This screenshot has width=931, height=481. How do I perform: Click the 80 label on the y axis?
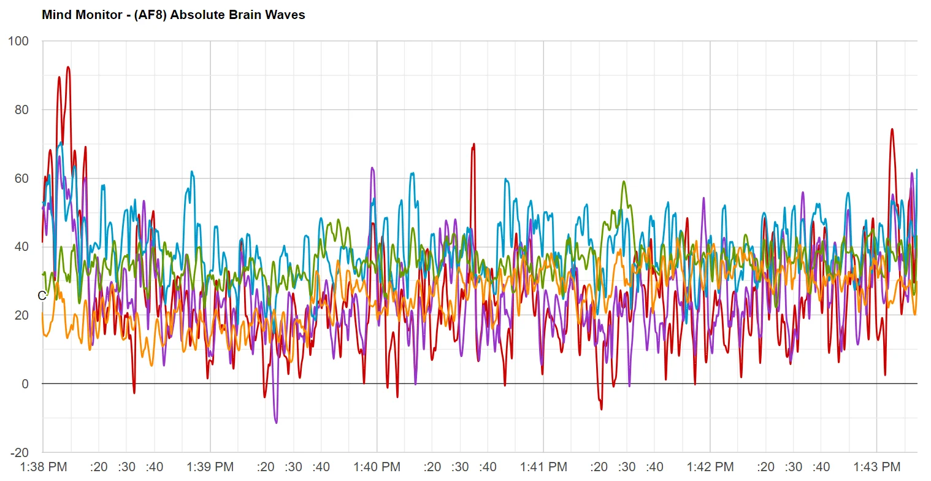pos(22,110)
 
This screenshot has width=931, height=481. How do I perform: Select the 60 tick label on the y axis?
pos(22,179)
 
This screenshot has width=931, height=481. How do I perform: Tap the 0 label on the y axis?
pos(25,384)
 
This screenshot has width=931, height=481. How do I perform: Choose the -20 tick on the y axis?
pos(20,453)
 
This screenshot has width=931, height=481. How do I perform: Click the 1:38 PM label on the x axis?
pos(43,467)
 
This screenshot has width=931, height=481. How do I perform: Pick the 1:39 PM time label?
pos(210,467)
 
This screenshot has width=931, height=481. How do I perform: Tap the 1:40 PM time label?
pos(377,467)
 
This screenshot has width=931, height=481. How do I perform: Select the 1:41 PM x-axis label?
pos(543,467)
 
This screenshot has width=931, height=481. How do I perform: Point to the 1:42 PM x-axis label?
pos(710,467)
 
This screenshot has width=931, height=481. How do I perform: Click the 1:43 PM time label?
pos(876,467)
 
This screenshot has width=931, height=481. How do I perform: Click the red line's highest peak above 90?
pos(68,67)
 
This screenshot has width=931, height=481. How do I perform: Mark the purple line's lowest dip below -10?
pos(276,423)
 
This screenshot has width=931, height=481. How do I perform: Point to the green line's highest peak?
pos(624,182)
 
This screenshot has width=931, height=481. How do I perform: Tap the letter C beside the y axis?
pos(41,296)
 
